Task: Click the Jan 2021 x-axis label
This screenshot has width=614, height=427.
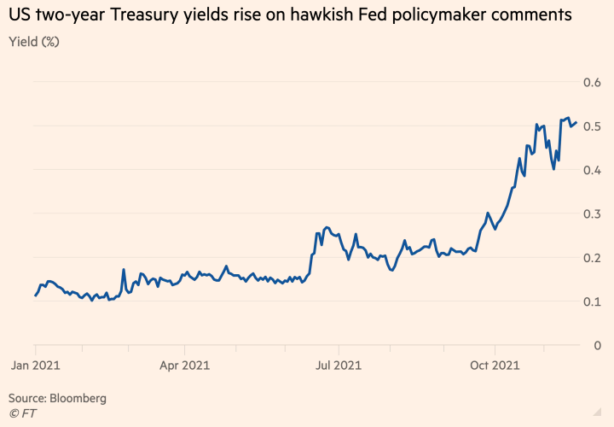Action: pos(35,366)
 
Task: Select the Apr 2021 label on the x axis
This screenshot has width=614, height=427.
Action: pos(185,366)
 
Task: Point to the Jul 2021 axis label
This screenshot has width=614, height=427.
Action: pos(338,366)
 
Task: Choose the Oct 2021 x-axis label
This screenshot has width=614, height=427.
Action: pos(495,366)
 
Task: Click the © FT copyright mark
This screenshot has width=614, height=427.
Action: pos(23,413)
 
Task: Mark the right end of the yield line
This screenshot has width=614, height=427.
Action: pos(576,123)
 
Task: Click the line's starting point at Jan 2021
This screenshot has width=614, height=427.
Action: pos(35,295)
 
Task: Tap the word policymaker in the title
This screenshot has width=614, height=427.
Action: pos(453,16)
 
